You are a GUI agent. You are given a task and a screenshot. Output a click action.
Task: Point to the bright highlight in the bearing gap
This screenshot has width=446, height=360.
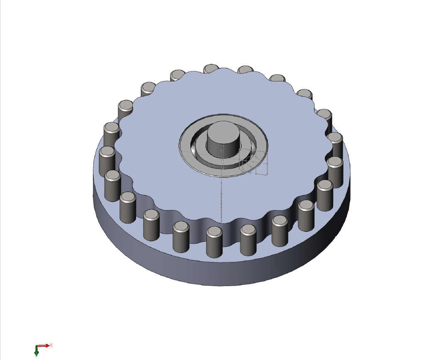click(194, 146)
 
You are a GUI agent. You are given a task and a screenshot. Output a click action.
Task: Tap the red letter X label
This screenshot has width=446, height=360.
click(51, 345)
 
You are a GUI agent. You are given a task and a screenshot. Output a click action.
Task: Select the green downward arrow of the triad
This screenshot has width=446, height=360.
click(37, 352)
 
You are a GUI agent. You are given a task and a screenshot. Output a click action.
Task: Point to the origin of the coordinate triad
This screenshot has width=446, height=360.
click(37, 346)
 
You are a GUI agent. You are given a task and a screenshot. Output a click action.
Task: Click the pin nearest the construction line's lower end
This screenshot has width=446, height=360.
click(214, 243)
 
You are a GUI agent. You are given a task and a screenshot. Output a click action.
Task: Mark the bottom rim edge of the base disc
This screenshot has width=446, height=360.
click(220, 286)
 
